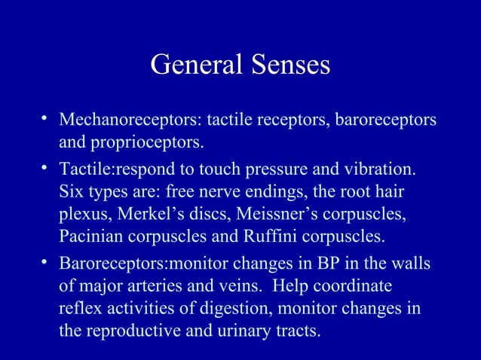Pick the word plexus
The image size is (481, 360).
[83, 215]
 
